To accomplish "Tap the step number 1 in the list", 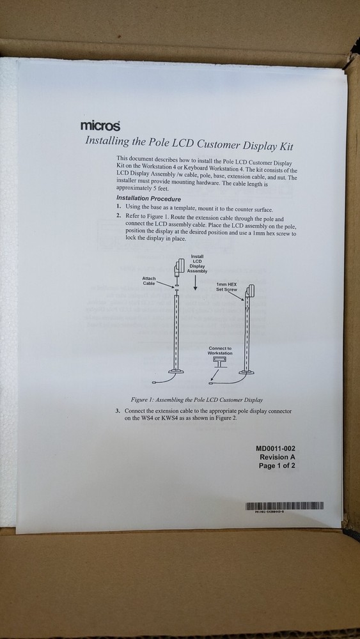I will point(119,209).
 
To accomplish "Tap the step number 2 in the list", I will point(119,217).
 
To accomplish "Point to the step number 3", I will point(118,410).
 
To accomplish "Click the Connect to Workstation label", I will point(221,350).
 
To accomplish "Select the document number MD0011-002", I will point(275,448).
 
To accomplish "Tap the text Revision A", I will point(277,457).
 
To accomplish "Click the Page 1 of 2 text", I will point(276,466).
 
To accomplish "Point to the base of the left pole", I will point(176,371).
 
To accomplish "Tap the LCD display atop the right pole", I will point(251,291).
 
